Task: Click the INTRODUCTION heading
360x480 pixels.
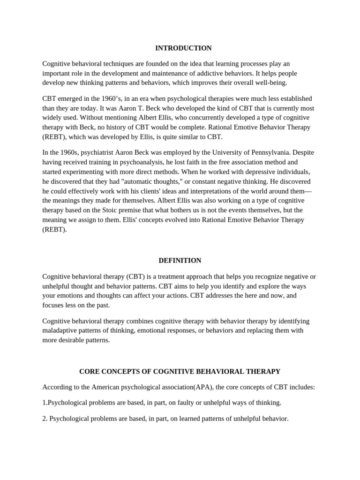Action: coord(183,48)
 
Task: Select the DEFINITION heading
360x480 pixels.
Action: coord(180,260)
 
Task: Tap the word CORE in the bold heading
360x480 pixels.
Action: coord(90,371)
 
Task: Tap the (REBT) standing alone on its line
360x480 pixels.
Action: coord(54,229)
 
